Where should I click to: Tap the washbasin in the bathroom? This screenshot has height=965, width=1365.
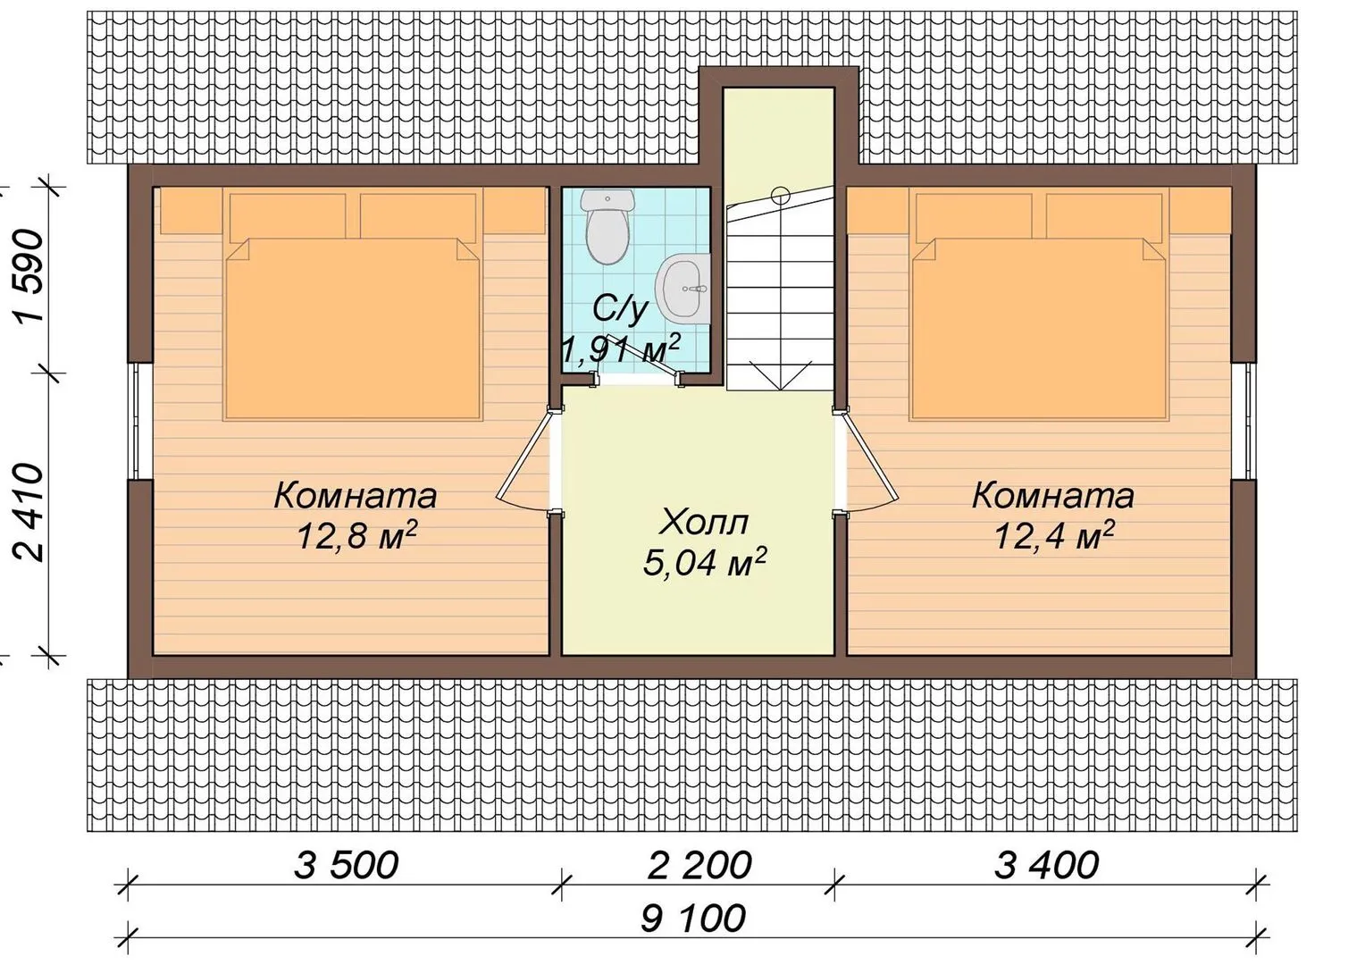pos(682,287)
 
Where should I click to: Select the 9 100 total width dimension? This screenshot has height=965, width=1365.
pos(693,918)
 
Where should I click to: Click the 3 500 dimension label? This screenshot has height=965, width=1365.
pos(346,865)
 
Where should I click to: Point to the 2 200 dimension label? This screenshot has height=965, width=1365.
pos(699,865)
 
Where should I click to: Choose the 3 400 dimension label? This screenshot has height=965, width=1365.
pos(1047,865)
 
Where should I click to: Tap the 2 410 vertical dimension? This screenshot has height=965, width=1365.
pos(29,512)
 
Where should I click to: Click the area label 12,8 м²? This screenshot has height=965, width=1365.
pos(357,536)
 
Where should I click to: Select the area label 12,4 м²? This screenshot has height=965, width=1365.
pos(1055,536)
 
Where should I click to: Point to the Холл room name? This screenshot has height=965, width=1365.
pos(705,523)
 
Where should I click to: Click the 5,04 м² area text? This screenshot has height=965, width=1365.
pos(705,562)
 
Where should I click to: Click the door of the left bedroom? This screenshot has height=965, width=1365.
pos(524,458)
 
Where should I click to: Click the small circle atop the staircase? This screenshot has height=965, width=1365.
pos(781,195)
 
